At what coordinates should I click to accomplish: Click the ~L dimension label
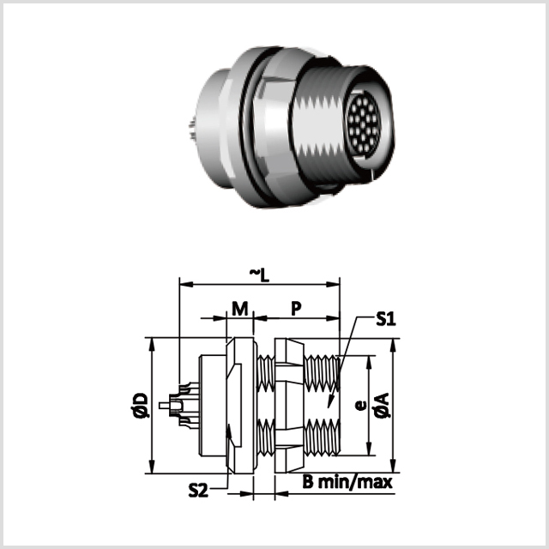(x=259, y=275)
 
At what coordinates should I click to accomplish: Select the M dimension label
(x=240, y=309)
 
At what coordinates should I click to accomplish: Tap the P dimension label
(x=296, y=309)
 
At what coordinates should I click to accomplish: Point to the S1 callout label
(x=386, y=319)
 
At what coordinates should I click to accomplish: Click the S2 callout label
(x=198, y=490)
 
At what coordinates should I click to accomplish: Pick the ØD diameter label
(x=141, y=406)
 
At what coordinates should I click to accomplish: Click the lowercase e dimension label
(x=360, y=406)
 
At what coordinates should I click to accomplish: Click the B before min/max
(x=308, y=482)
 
